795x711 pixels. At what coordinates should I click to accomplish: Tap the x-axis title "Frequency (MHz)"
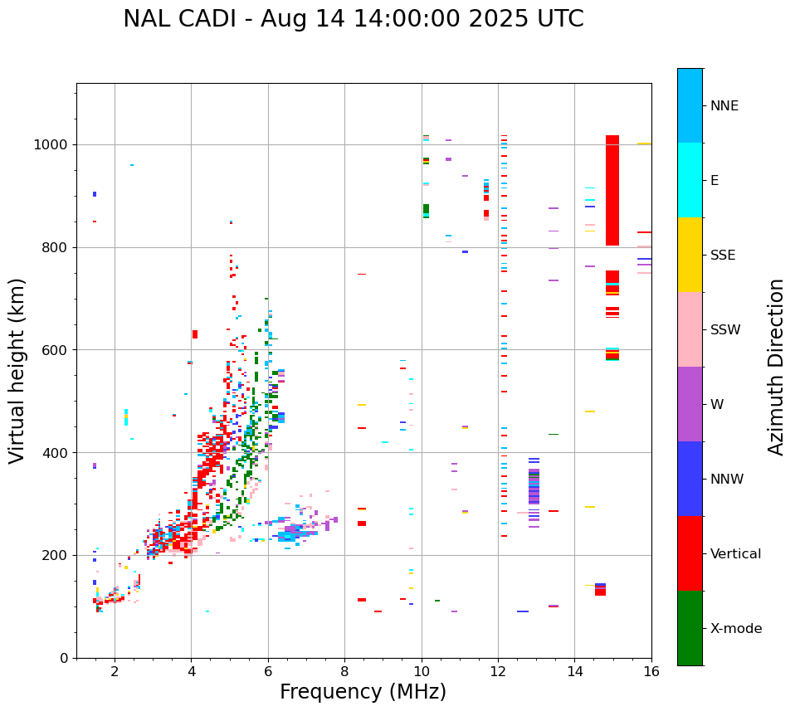coord(363,692)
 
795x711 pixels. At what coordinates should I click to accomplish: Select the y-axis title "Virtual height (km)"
coord(17,370)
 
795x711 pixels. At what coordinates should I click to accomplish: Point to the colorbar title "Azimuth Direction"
coord(776,367)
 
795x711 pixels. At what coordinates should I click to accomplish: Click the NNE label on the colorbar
coord(724,106)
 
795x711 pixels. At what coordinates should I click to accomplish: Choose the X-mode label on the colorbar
coord(735,629)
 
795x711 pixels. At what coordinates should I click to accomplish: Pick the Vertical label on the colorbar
coord(735,554)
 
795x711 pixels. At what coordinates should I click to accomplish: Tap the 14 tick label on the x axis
coord(574,671)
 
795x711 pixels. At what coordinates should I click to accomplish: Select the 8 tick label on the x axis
coord(344,671)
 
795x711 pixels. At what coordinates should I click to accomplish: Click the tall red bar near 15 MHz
coord(612,190)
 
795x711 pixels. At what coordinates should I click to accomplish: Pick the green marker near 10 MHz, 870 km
coord(426,209)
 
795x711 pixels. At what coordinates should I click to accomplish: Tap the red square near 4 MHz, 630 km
coord(195,334)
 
